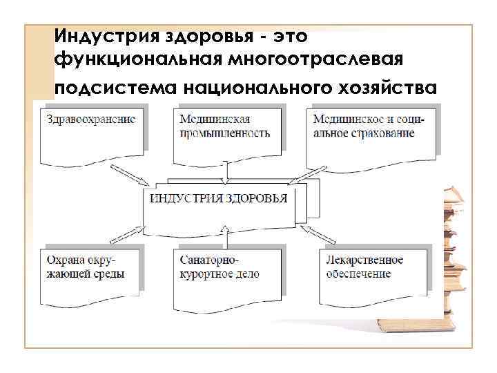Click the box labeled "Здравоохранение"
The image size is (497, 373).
93,131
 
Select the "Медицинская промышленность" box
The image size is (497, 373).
228,131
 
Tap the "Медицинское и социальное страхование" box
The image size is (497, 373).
371,131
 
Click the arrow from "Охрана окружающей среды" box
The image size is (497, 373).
131,232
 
